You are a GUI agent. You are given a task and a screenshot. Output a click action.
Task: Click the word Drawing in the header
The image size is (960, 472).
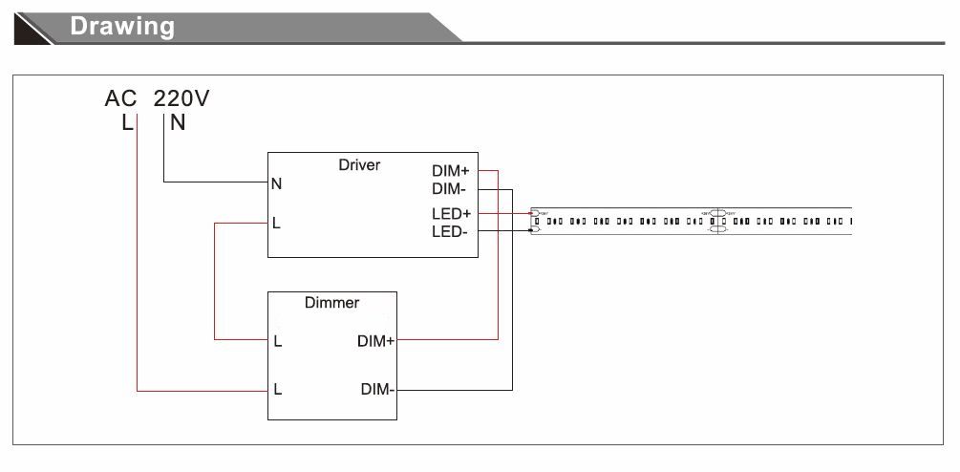tap(122, 26)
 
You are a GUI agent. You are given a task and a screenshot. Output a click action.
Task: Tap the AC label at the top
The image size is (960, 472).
tap(122, 98)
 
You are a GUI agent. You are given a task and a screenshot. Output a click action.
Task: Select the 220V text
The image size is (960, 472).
tap(181, 98)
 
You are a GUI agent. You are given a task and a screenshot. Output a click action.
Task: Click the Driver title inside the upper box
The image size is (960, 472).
tap(359, 165)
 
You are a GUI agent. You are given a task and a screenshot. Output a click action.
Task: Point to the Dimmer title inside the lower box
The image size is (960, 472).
tap(331, 303)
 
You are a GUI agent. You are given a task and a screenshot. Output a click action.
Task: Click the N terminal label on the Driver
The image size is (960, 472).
tap(276, 183)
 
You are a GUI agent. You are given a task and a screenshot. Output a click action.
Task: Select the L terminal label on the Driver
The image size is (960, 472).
tap(276, 224)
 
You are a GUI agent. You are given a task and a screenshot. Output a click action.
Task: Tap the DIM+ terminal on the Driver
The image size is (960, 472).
tap(451, 171)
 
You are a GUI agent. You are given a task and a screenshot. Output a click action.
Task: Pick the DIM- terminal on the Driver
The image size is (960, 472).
tap(449, 190)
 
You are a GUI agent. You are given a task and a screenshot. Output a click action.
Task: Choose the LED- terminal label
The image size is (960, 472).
tap(449, 231)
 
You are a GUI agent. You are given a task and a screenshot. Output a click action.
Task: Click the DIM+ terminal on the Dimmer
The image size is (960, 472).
tap(376, 340)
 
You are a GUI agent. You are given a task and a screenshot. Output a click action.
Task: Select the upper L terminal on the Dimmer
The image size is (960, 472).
tap(277, 340)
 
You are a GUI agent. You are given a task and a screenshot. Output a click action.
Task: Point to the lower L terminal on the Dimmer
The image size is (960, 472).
tap(277, 389)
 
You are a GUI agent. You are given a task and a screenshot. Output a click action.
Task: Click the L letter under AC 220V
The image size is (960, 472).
tap(127, 122)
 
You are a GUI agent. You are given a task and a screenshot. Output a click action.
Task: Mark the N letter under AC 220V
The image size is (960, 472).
tap(178, 122)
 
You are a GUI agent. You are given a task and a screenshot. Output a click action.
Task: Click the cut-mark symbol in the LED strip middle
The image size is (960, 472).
tap(718, 221)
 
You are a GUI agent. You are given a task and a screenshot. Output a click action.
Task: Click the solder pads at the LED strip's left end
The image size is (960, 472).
tap(535, 221)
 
